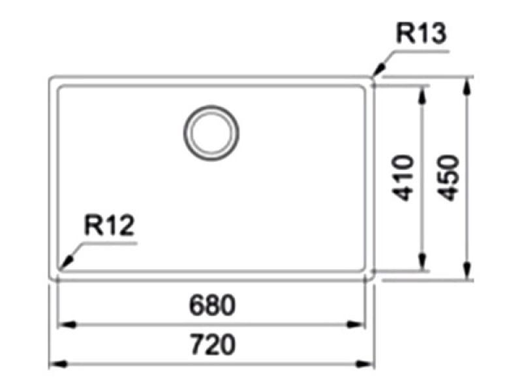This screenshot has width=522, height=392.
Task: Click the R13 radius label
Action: tap(421, 33)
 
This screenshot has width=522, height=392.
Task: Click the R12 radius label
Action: tap(109, 225)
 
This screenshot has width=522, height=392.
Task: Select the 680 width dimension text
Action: tap(212, 305)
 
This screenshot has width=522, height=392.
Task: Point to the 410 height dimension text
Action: tap(403, 178)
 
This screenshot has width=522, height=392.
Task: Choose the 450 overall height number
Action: tap(448, 178)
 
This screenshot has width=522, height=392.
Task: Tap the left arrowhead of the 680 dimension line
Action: tap(68, 324)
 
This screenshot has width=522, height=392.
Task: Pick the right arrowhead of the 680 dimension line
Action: tap(356, 324)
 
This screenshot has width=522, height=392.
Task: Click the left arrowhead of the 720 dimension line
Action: tap(59, 364)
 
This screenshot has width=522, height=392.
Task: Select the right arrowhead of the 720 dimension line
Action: tap(365, 364)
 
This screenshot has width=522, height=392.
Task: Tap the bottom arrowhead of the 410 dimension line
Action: tap(422, 261)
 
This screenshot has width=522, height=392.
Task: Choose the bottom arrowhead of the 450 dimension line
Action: tap(467, 270)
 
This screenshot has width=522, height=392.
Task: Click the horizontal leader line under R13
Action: tap(421, 52)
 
